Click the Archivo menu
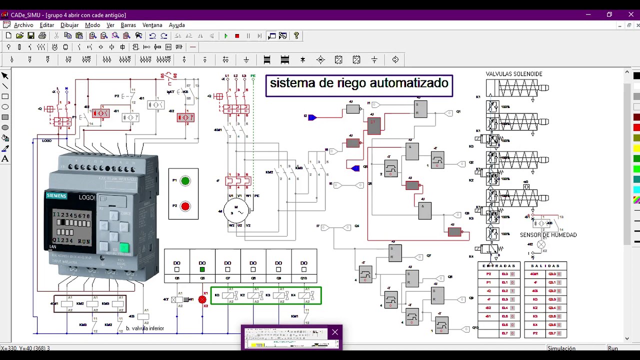tap(23, 25)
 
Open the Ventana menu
tap(152, 25)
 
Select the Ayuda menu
tap(176, 25)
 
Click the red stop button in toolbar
tap(237, 36)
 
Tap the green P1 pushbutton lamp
tap(185, 181)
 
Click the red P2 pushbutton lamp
tap(185, 206)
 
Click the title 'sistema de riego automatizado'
tap(359, 83)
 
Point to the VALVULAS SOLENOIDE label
tap(514, 74)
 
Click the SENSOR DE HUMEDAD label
tap(548, 235)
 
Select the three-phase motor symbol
tap(235, 211)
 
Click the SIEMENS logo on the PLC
tap(56, 196)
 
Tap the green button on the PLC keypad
tap(124, 247)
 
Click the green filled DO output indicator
tap(202, 270)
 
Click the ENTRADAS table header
tap(498, 266)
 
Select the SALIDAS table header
tap(545, 266)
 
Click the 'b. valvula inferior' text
tap(145, 328)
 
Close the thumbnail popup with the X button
tap(335, 332)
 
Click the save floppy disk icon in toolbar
tap(31, 36)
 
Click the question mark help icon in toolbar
tap(296, 36)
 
